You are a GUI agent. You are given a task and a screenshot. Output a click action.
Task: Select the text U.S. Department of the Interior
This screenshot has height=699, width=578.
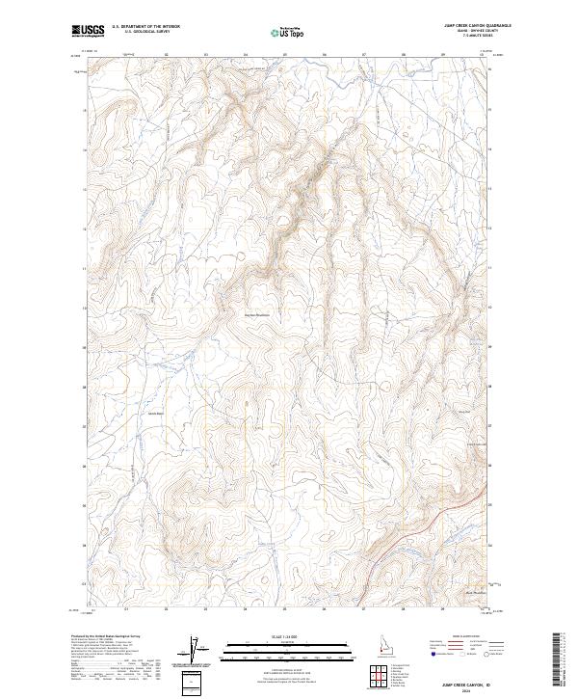[x=145, y=27]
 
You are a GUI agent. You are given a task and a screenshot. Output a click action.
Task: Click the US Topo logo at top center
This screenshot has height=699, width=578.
[x=288, y=31]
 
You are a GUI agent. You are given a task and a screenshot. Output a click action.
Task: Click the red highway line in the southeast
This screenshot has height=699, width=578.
[x=453, y=510]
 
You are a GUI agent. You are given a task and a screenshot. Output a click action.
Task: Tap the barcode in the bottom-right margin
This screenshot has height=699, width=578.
[x=557, y=659]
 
